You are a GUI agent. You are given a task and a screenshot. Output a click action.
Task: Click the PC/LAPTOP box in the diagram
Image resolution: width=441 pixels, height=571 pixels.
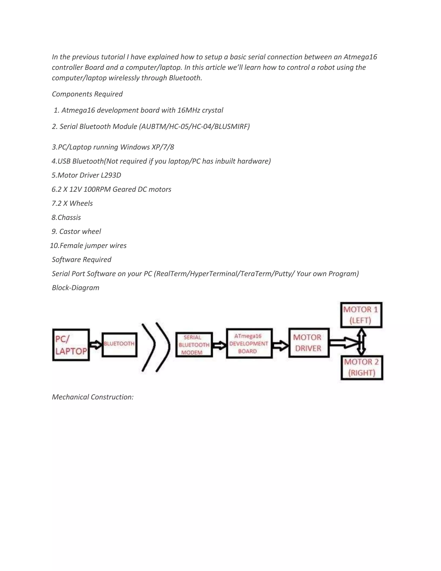click(71, 345)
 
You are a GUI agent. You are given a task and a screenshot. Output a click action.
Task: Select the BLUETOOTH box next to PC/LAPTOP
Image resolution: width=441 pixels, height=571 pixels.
click(119, 345)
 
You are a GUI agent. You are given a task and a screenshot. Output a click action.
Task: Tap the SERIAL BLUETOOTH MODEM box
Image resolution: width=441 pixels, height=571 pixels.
click(194, 345)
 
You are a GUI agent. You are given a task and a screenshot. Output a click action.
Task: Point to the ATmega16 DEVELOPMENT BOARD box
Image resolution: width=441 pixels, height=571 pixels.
click(249, 343)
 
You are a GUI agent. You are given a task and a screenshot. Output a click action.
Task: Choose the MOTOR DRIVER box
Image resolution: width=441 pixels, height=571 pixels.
click(309, 343)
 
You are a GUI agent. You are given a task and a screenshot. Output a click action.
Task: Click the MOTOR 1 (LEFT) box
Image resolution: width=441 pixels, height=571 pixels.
click(361, 315)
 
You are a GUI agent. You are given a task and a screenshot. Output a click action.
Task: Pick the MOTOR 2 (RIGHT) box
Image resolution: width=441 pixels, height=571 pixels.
click(362, 367)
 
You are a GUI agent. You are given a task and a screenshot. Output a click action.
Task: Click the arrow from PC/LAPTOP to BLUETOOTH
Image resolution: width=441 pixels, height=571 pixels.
click(96, 345)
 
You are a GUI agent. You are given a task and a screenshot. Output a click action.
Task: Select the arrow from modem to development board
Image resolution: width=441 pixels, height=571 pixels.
click(219, 345)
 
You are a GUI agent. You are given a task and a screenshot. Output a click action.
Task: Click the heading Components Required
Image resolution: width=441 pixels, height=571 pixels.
click(87, 94)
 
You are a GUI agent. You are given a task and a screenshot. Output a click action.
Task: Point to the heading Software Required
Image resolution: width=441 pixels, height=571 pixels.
click(82, 260)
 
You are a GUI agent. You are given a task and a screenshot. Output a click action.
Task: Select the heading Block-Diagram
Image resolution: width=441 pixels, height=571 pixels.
click(76, 288)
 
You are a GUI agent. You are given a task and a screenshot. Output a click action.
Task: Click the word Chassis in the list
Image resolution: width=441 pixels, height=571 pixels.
click(69, 218)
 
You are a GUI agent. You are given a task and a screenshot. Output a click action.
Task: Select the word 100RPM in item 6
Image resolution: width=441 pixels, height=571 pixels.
click(97, 189)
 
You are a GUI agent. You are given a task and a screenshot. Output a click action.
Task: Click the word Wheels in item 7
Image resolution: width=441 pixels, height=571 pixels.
click(81, 203)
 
